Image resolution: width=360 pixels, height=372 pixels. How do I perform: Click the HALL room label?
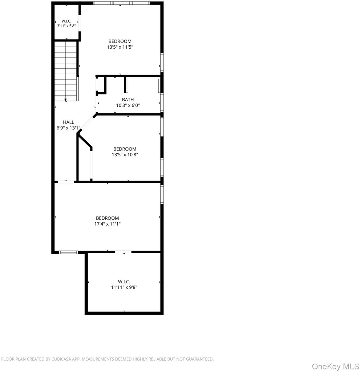[68, 122]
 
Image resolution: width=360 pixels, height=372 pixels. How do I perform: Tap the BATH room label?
[128, 100]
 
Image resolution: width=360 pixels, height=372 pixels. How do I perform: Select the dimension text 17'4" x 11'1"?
[108, 224]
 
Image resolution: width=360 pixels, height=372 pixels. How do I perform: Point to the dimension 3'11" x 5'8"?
[66, 26]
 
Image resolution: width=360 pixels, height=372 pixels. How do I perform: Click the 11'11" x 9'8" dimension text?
[124, 287]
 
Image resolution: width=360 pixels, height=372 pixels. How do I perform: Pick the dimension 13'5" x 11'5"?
[120, 47]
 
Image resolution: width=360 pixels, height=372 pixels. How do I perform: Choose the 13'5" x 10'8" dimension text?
[125, 155]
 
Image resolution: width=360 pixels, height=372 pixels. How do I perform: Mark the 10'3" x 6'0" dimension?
[128, 105]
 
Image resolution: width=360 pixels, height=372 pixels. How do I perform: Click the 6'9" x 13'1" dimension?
[68, 128]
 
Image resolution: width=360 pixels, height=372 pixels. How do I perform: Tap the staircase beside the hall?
[66, 71]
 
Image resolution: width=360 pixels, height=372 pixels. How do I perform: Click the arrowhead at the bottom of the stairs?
[66, 100]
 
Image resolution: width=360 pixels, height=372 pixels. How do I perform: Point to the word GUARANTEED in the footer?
[199, 359]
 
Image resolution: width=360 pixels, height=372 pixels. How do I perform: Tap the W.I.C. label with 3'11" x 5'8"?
[66, 21]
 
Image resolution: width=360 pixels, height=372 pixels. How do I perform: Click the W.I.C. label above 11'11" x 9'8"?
[124, 282]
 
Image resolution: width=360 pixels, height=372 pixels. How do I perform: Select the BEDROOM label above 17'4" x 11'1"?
[108, 218]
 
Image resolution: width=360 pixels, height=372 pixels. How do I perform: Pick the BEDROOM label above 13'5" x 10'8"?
[125, 149]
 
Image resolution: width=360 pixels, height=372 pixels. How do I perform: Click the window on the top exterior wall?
[121, 3]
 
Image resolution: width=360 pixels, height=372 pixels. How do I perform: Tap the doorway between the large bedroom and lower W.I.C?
[124, 252]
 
